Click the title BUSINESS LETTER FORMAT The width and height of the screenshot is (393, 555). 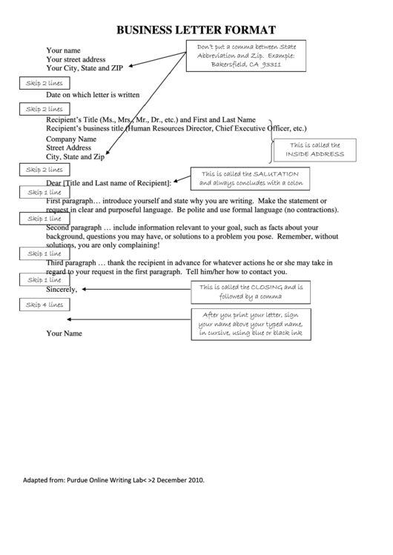[x=196, y=30]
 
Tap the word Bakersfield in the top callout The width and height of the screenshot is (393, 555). [x=226, y=64]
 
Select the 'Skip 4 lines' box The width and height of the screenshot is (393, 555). [x=44, y=305]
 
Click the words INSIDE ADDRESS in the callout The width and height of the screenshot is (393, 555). [x=315, y=154]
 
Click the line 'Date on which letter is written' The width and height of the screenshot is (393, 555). [x=93, y=95]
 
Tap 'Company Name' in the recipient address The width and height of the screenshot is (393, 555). [x=71, y=139]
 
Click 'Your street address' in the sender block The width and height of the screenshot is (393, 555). [x=76, y=59]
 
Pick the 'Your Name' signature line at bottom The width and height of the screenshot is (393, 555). [x=64, y=333]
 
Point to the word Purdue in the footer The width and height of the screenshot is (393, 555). [x=79, y=479]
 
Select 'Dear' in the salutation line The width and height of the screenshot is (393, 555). [x=53, y=182]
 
